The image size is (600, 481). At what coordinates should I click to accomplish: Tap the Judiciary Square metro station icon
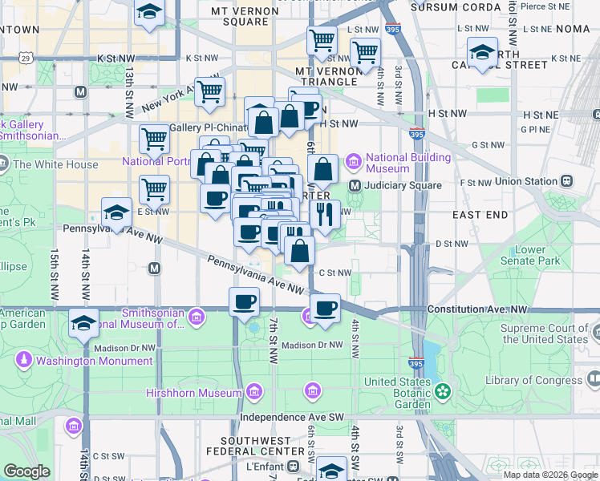pos(355,185)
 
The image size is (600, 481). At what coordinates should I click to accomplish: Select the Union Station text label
pos(527,181)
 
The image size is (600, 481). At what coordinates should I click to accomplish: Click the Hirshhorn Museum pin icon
pos(254,393)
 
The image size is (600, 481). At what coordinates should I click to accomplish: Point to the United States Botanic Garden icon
pos(442,393)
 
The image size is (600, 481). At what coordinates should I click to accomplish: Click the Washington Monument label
pos(94,361)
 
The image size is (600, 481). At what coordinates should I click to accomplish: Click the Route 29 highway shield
pos(26,59)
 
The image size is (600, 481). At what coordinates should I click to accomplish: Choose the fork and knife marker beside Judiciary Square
pos(325,214)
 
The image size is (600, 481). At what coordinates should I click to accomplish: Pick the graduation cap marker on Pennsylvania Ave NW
pos(117,213)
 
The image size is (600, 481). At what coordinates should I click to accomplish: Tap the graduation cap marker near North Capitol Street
pos(481,52)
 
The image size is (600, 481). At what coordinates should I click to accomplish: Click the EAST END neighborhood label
pos(480,215)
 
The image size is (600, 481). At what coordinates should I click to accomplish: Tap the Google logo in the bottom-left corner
pos(26,471)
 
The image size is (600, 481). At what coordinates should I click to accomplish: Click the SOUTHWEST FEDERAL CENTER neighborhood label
pos(270,446)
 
